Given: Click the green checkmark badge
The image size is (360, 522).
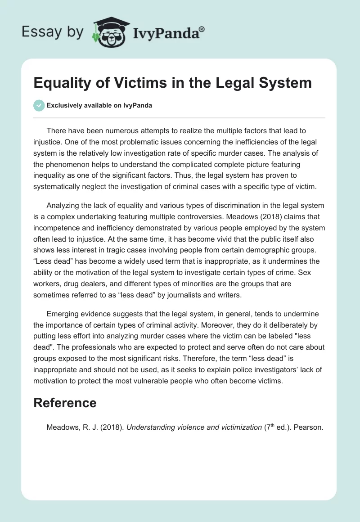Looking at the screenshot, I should [x=39, y=105].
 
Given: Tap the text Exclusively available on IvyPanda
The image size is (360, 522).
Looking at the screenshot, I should [x=99, y=106].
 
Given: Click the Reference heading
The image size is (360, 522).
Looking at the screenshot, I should [x=65, y=402].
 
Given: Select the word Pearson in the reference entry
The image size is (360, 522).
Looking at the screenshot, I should [x=308, y=427].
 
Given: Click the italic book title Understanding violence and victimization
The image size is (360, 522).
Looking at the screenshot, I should [x=194, y=427].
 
